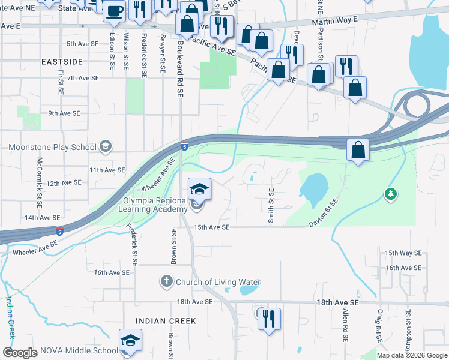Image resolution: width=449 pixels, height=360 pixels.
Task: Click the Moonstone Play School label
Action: click(52, 147)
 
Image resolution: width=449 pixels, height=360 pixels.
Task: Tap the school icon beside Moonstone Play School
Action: click(106, 146)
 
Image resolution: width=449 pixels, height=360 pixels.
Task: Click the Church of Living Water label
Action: click(218, 282)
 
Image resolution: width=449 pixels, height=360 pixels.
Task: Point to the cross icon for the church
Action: click(166, 281)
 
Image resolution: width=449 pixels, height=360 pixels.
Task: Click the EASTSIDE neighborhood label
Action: click(63, 62)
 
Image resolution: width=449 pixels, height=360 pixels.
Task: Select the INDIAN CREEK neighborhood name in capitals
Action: click(166, 321)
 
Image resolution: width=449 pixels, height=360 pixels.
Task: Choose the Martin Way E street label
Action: click(334, 21)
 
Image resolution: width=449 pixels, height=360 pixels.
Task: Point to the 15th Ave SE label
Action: click(212, 227)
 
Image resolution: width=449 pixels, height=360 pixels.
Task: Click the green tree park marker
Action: click(391, 193)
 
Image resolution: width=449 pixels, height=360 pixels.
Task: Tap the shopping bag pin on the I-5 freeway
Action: click(358, 150)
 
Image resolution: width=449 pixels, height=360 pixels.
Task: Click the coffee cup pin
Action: click(114, 10)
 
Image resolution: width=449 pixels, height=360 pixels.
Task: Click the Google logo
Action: click(19, 353)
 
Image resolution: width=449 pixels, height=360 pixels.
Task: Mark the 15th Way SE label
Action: click(399, 253)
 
